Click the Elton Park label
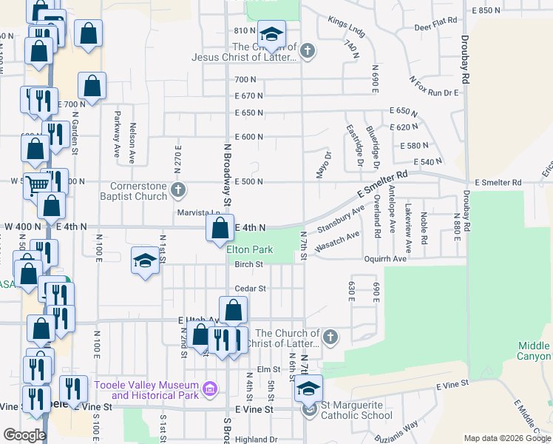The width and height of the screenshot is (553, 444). click(x=249, y=250)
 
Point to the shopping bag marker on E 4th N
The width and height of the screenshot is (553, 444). click(x=220, y=229)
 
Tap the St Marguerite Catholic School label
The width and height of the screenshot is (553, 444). click(x=367, y=406)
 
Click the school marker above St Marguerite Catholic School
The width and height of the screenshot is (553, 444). click(x=309, y=388)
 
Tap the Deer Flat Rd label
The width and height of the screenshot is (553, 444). click(x=438, y=25)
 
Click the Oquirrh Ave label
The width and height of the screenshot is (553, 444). click(x=385, y=260)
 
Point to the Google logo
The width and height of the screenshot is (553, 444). click(x=25, y=435)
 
